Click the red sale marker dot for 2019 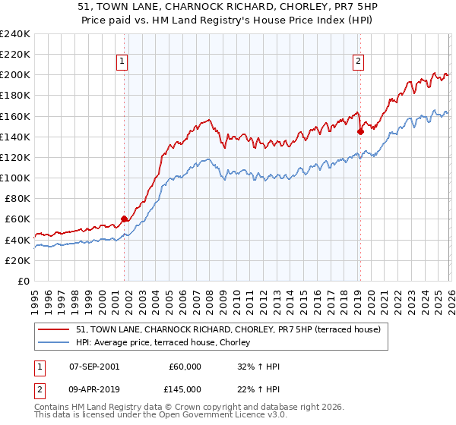360,131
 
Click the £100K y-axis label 14,178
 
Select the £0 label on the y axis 23,281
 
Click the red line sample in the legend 55,329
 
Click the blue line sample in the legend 55,342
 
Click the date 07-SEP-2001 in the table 93,367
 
